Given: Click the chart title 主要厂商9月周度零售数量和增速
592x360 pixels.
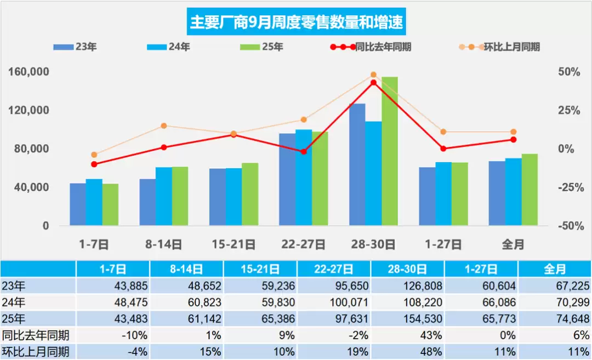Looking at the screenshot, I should (296, 22).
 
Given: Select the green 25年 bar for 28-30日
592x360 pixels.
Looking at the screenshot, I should (390, 151).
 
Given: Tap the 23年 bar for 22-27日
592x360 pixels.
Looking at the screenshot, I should (287, 179).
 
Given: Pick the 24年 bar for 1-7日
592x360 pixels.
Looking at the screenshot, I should (94, 202).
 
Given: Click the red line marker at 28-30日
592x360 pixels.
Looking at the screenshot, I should (373, 83).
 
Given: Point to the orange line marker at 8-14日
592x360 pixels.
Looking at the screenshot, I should (164, 126).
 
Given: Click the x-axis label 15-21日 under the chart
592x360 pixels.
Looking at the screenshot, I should (234, 244).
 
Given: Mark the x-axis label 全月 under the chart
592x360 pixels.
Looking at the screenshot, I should (513, 244).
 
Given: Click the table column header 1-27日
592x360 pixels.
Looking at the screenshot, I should (481, 269).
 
